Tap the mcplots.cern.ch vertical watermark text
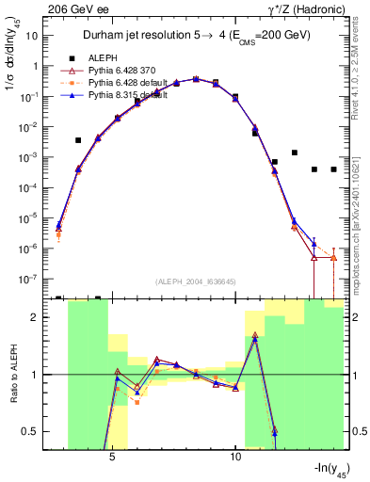(350, 217)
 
